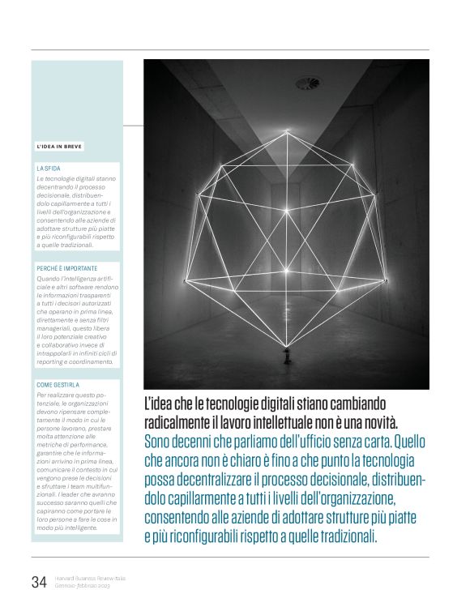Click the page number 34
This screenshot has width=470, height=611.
[x=38, y=581]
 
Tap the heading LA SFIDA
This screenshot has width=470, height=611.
[x=49, y=168]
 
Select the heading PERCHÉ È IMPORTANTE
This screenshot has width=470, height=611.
[x=67, y=268]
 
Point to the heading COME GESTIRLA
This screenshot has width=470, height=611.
[x=58, y=385]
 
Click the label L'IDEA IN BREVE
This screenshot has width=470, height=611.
[x=59, y=147]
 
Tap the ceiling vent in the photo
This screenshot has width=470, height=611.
[x=307, y=83]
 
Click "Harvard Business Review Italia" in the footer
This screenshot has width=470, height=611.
[x=89, y=578]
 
